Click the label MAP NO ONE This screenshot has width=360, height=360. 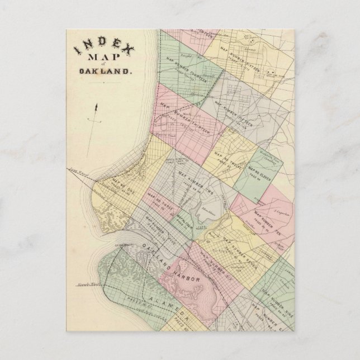coord(124,181)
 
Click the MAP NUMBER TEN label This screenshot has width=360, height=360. coord(266,215)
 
